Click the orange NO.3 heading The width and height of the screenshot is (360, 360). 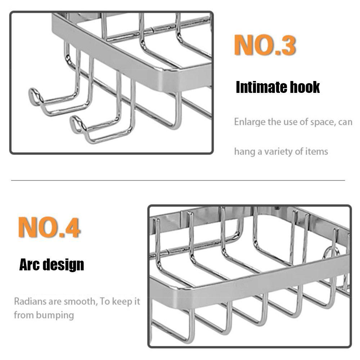click(265, 45)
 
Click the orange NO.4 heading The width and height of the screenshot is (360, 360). click(49, 227)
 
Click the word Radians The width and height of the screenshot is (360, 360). click(30, 301)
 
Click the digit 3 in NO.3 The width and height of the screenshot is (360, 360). click(289, 45)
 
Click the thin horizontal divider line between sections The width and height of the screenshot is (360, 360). click(178, 180)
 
